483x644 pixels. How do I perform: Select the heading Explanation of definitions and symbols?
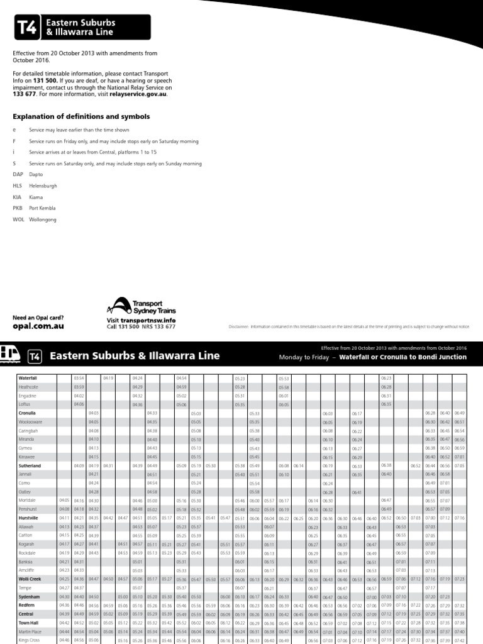(x=82, y=116)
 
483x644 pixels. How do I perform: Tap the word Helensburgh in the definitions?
(x=43, y=186)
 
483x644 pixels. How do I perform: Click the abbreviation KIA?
(x=17, y=197)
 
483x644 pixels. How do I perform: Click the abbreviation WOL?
(x=18, y=219)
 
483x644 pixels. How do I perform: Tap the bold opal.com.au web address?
(x=38, y=327)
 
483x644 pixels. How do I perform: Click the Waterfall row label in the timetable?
(x=28, y=378)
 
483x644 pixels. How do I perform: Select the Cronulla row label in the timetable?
(x=28, y=413)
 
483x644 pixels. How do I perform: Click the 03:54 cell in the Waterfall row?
(x=79, y=378)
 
